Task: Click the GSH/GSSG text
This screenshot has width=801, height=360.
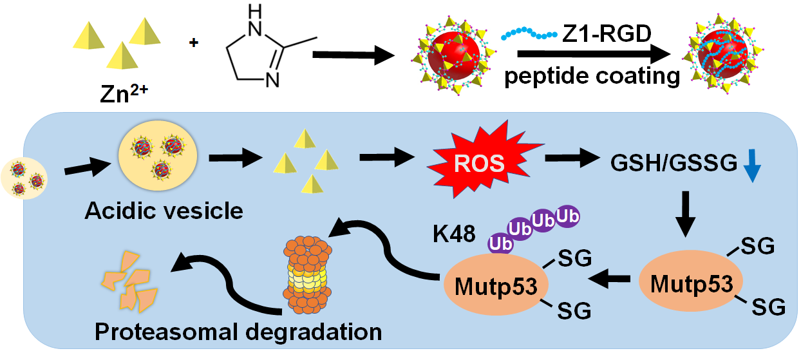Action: (x=673, y=166)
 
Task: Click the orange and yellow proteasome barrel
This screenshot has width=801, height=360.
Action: (x=307, y=270)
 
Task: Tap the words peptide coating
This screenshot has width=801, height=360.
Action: (x=592, y=76)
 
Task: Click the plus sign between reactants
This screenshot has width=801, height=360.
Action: (x=193, y=43)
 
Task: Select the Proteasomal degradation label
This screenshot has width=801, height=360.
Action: (x=238, y=332)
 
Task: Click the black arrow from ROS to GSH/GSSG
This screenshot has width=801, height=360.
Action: (x=569, y=157)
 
